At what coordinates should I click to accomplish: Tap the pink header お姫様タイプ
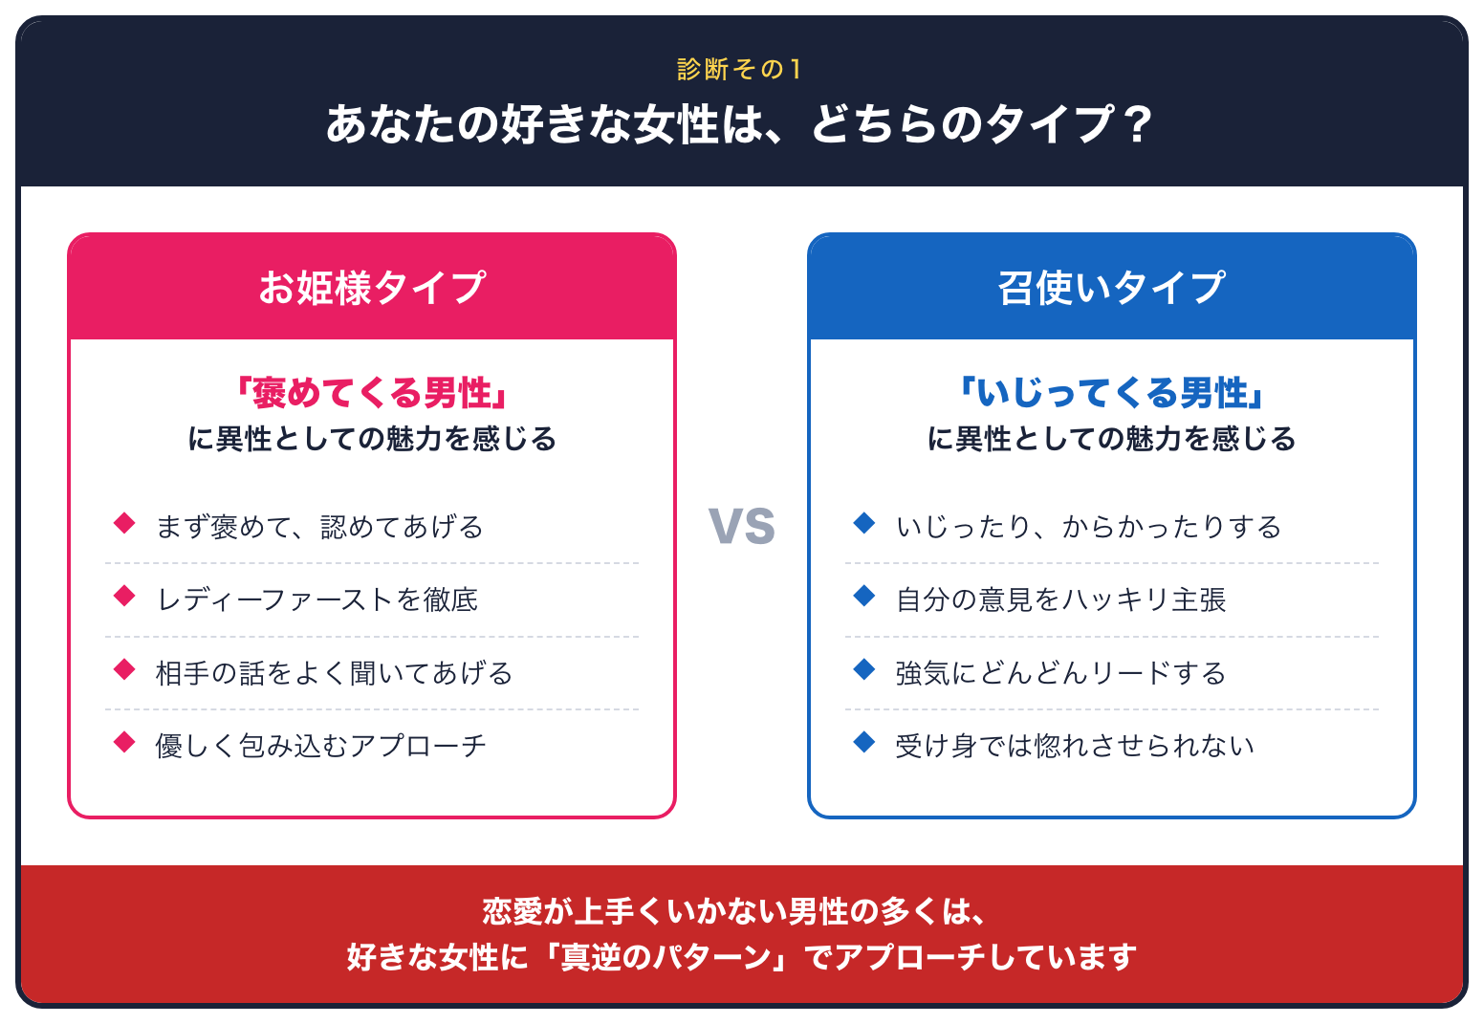pos(372,288)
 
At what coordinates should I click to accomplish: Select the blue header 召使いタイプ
pos(1112,288)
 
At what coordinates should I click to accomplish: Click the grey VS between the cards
pos(741,527)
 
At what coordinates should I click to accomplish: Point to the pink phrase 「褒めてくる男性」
pos(372,393)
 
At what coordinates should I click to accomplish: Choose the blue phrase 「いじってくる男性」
pos(1112,393)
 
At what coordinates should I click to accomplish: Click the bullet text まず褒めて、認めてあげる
pos(319,527)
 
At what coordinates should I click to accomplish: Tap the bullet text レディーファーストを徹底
pos(316,600)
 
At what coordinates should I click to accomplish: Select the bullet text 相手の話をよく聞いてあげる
pos(334,673)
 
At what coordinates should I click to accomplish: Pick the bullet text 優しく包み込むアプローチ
pos(320,746)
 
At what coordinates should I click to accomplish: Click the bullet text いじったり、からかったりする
pos(1088,527)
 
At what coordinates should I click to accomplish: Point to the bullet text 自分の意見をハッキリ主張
pos(1060,600)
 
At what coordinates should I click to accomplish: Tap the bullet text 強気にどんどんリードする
pos(1060,673)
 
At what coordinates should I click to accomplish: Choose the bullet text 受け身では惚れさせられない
pos(1075,746)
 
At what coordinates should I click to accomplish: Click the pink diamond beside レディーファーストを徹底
pos(124,596)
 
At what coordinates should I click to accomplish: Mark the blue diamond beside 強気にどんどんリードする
pos(864,669)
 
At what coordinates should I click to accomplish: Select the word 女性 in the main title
pos(676,124)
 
